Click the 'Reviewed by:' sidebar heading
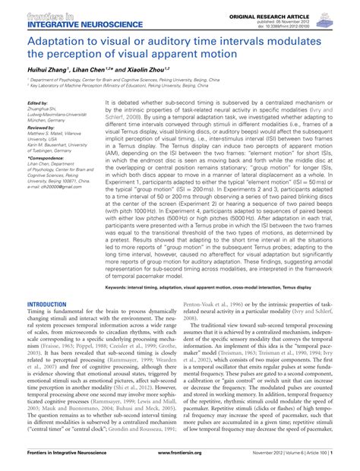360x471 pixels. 41,129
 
